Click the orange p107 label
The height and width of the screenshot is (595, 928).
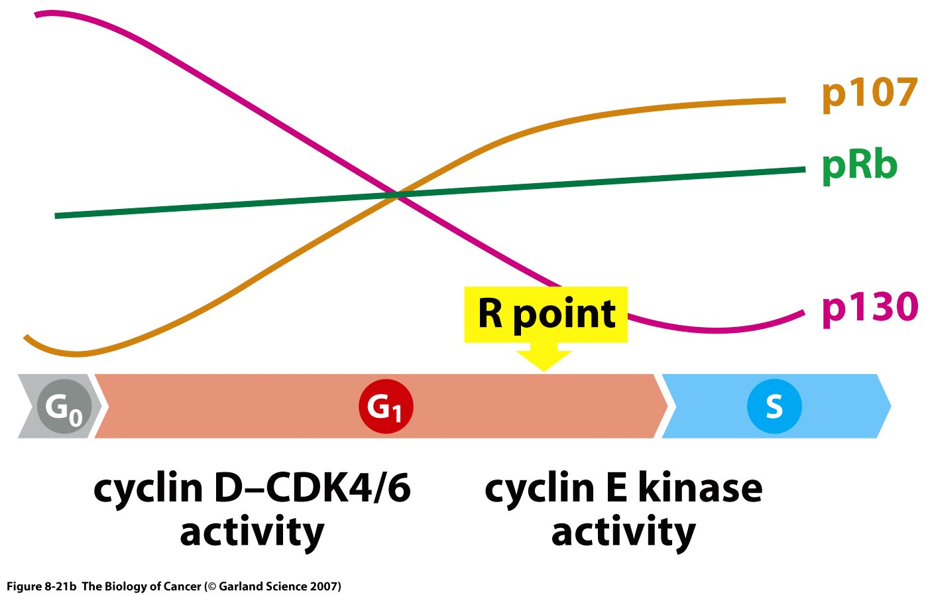[869, 94]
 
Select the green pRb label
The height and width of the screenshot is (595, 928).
[859, 165]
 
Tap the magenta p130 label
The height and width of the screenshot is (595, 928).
[870, 308]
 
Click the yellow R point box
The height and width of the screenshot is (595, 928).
[546, 314]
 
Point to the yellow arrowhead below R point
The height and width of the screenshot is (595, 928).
[544, 359]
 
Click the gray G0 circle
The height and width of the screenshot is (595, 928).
[64, 407]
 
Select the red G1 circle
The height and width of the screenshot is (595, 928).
[386, 406]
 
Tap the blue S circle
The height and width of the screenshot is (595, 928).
[774, 406]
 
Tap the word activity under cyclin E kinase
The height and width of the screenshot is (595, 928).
[623, 533]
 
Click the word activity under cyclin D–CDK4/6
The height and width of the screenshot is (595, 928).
[252, 533]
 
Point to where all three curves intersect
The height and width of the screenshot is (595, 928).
[397, 194]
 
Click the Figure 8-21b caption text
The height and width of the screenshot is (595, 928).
[42, 586]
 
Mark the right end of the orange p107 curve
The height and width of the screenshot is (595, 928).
[784, 100]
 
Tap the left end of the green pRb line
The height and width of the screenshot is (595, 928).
[56, 216]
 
